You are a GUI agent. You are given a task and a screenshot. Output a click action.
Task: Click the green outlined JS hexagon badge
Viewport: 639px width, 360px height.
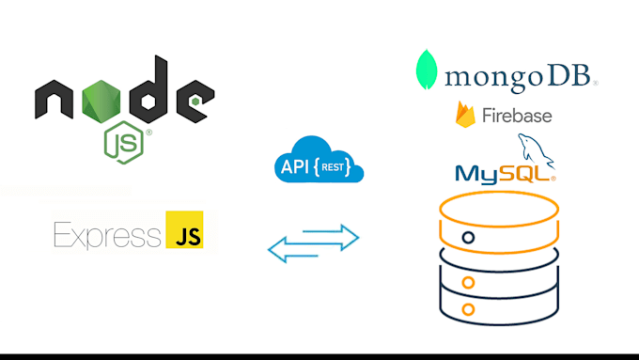click(x=124, y=142)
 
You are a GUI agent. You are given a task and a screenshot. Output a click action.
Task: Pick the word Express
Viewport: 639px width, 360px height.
click(x=107, y=233)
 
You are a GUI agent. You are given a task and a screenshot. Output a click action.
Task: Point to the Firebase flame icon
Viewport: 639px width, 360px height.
click(x=465, y=116)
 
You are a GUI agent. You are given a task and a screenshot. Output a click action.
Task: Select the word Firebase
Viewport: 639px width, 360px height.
click(x=517, y=117)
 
